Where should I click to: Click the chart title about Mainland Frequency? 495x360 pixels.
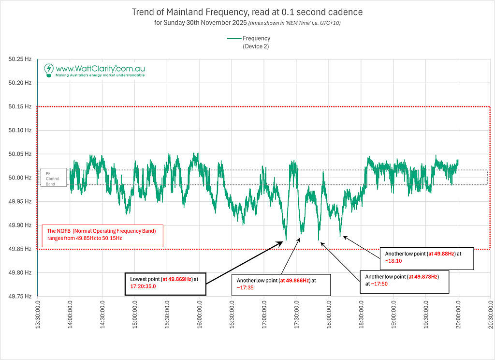coord(247,12)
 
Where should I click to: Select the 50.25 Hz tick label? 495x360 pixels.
coord(20,59)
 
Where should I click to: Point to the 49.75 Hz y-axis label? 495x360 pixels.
coord(20,296)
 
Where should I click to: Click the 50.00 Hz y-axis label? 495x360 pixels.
coord(20,178)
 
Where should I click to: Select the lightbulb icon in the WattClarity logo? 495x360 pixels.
coord(48,70)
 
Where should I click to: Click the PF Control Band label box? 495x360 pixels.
coord(53,178)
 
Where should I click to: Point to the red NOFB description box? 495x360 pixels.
coord(102,235)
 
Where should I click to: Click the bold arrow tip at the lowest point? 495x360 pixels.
coord(283,242)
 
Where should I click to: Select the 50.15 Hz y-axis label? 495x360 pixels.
coord(20,106)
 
